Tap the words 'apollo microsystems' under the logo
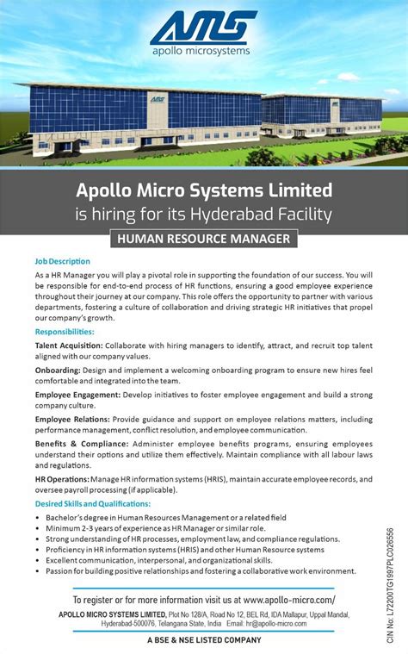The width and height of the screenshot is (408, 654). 203,51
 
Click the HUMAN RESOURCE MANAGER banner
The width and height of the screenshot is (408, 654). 204,238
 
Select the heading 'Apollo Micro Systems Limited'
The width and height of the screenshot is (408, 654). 204,190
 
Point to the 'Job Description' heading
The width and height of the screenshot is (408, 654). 62,260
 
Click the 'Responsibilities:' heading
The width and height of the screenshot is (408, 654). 65,331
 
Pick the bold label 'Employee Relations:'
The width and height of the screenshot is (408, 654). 71,419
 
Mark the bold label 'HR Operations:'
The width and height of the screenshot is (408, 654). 62,478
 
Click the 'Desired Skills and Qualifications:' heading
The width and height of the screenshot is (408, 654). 93,503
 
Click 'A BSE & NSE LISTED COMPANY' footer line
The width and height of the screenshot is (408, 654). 204,640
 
